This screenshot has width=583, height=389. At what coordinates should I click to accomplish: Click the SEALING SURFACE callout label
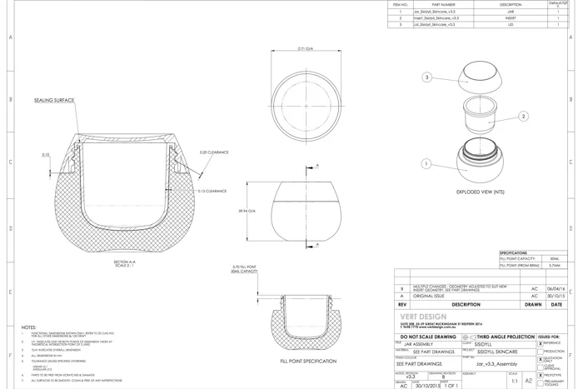click(x=54, y=99)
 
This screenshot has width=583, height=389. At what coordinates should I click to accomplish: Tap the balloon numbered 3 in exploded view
click(x=427, y=77)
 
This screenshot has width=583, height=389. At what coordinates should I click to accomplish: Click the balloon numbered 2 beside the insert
click(x=524, y=117)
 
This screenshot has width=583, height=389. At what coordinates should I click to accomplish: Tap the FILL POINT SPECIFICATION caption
click(x=308, y=361)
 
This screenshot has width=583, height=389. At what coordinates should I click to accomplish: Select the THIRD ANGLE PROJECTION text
click(x=506, y=335)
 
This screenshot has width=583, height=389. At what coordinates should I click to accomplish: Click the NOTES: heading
click(x=29, y=327)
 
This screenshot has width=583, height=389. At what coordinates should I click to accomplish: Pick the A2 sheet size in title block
click(x=528, y=380)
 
